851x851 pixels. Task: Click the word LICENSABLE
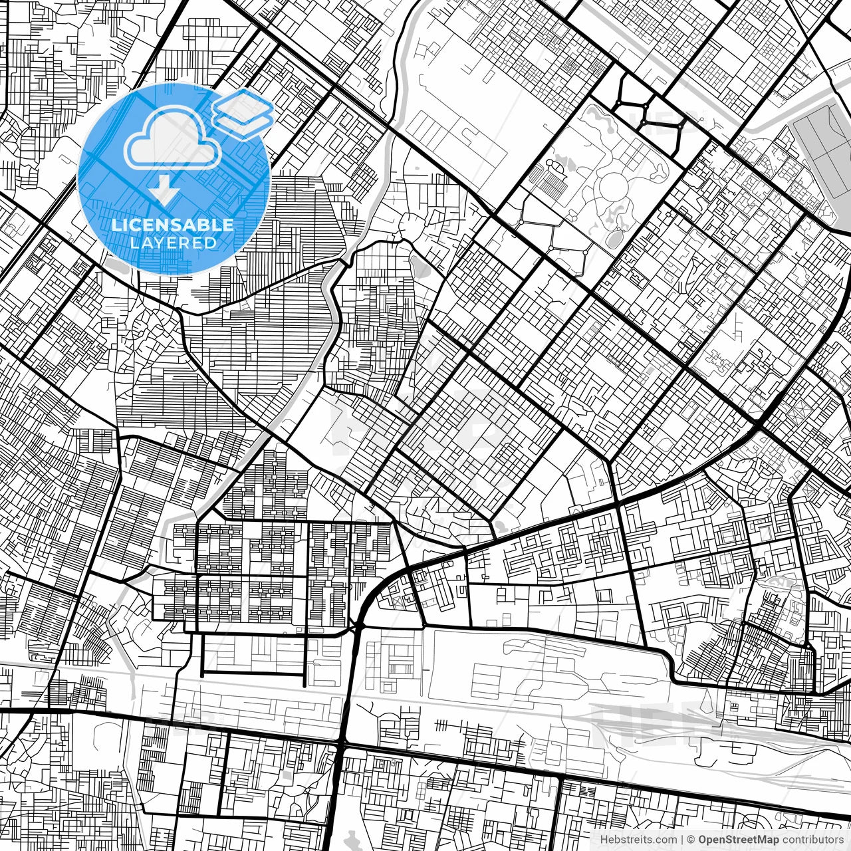tap(173, 225)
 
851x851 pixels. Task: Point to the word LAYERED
tap(173, 243)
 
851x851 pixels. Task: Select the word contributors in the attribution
tap(812, 840)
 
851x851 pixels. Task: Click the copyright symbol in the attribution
tap(691, 840)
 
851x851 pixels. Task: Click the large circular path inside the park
tap(616, 185)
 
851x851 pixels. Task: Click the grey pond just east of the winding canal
tap(420, 266)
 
